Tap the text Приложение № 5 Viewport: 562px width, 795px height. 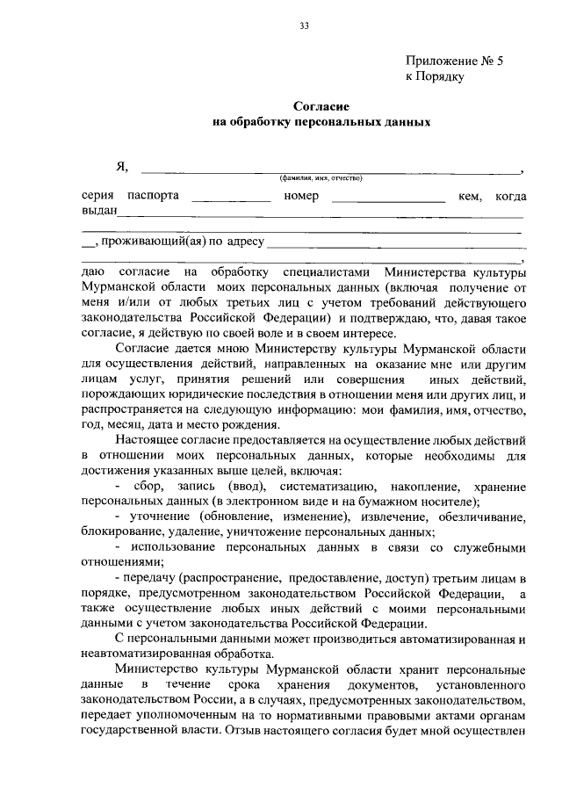click(x=456, y=61)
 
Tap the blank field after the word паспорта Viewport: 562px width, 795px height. click(x=231, y=200)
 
